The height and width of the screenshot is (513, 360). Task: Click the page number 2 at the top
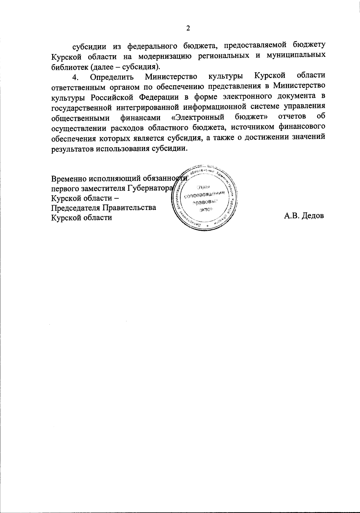point(188,28)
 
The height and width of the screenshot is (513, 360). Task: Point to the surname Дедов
point(313,216)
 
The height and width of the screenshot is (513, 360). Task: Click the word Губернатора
point(150,188)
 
